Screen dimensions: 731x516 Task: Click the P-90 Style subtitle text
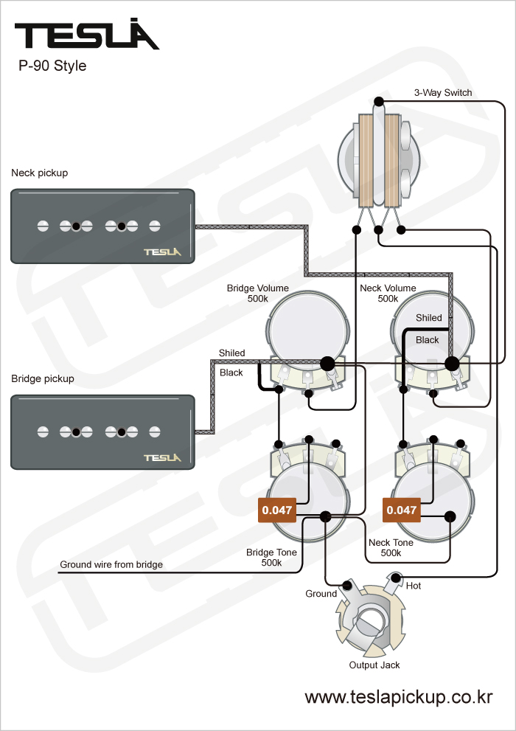[x=52, y=66]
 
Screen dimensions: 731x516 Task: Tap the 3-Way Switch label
[x=442, y=93]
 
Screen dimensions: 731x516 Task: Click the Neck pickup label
[x=39, y=173]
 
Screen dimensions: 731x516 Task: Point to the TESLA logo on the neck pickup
[x=161, y=252]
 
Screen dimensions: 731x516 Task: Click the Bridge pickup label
[x=42, y=379]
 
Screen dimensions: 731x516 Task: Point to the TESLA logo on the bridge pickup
[x=161, y=457]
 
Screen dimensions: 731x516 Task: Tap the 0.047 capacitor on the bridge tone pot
[x=277, y=510]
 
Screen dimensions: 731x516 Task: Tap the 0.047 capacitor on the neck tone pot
[x=402, y=510]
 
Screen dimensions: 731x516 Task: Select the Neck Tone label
[x=391, y=547]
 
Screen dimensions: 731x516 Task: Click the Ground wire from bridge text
[x=111, y=565]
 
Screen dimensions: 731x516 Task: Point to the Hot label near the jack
[x=414, y=586]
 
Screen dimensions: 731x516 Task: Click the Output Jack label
[x=374, y=665]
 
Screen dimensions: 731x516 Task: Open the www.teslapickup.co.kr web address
[x=398, y=697]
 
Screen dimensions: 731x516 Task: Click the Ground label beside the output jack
[x=321, y=594]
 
